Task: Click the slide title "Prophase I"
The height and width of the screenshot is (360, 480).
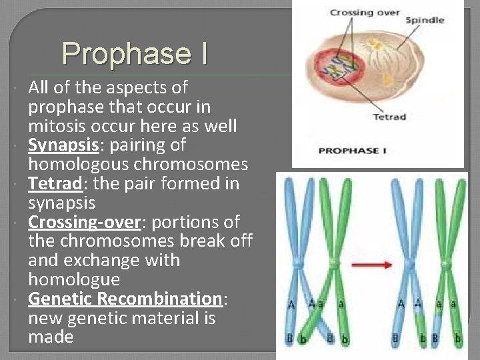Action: coord(135,53)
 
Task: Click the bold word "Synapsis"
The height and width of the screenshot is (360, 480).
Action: coord(60,145)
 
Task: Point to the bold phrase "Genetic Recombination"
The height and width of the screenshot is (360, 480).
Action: coord(125,299)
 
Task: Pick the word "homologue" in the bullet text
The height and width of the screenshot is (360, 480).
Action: coord(74,279)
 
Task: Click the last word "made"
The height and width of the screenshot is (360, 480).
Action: coord(51,337)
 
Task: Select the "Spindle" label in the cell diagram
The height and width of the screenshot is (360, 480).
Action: coord(425,20)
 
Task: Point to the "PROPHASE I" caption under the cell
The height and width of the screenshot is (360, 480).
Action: coord(353,151)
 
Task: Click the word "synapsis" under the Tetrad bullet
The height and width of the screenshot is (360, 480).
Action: coord(62,203)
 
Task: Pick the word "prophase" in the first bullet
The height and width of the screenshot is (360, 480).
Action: coord(66,107)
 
